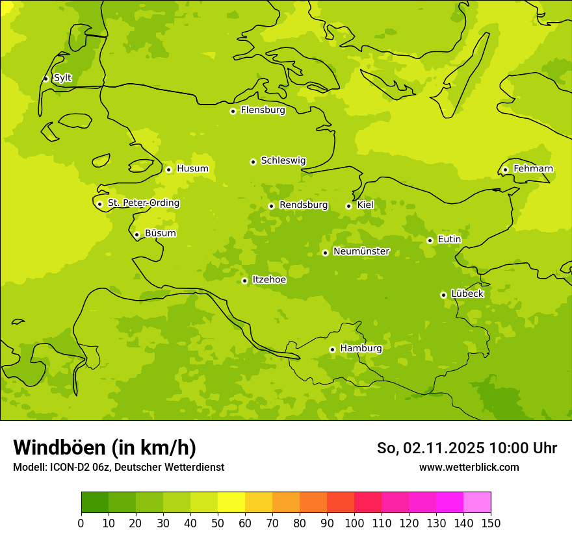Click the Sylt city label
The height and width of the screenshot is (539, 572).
click(62, 78)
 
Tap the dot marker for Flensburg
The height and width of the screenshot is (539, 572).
click(233, 111)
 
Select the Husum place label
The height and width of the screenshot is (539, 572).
click(192, 169)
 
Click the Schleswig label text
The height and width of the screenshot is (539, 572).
click(283, 160)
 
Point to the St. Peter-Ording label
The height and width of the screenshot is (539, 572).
click(143, 203)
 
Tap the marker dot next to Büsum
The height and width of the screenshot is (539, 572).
click(136, 234)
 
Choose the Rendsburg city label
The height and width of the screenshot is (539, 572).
click(303, 205)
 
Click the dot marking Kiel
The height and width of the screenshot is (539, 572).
click(348, 206)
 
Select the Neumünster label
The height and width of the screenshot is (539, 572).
click(361, 251)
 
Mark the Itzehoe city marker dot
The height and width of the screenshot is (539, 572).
click(244, 281)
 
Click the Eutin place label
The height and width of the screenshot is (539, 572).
click(449, 240)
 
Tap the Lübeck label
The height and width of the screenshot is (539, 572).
click(467, 294)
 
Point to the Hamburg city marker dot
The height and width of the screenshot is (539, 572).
click(332, 349)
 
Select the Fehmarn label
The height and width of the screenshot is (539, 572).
click(533, 169)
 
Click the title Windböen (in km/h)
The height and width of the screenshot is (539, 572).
click(105, 447)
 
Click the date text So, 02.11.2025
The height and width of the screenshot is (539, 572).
click(431, 448)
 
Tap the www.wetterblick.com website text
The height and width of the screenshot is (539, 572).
click(469, 467)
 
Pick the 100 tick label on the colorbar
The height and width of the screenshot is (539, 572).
click(354, 523)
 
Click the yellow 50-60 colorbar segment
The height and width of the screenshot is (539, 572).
click(231, 503)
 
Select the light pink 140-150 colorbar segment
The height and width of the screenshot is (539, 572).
click(476, 503)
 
